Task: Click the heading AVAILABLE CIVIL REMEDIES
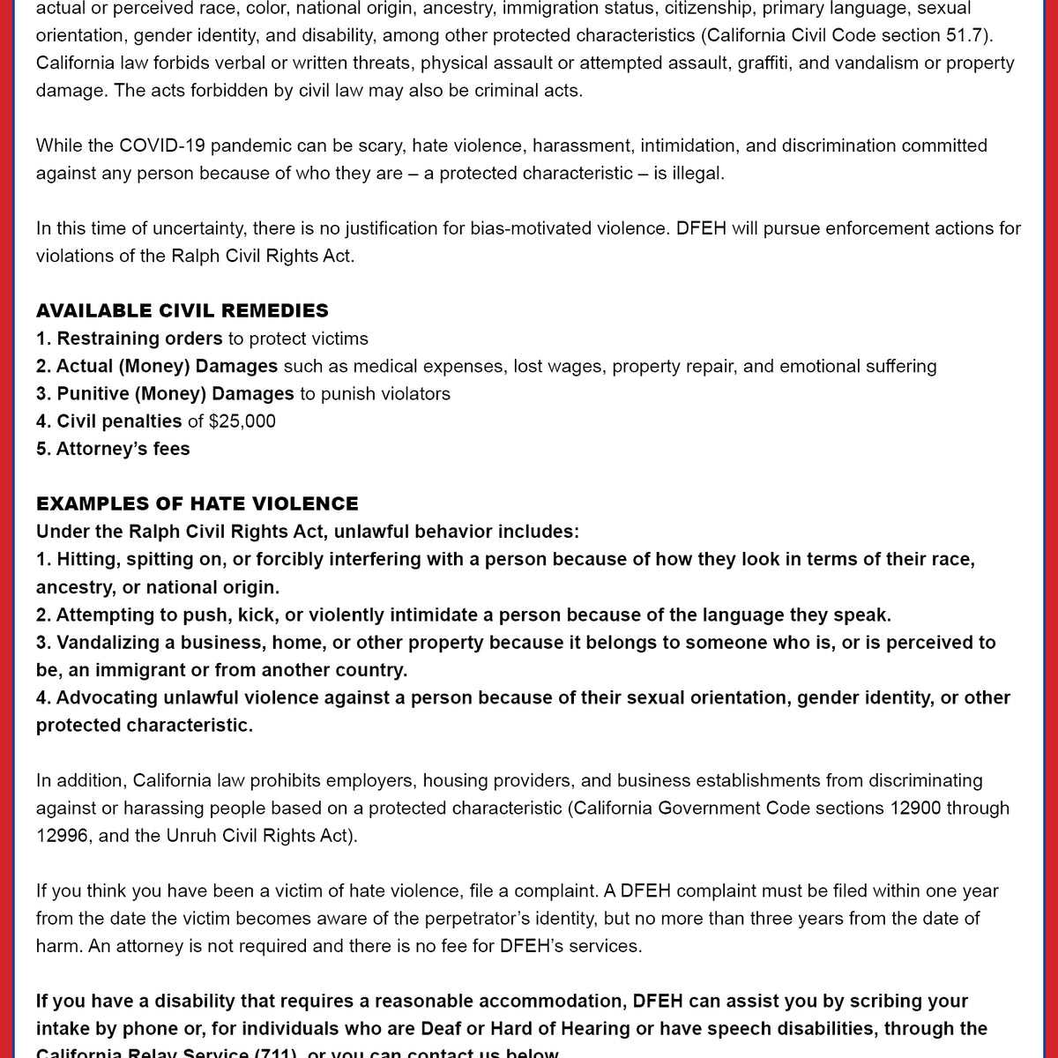[182, 310]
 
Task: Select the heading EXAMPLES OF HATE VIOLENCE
[197, 503]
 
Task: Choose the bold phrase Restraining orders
[139, 339]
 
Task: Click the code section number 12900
[912, 808]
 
